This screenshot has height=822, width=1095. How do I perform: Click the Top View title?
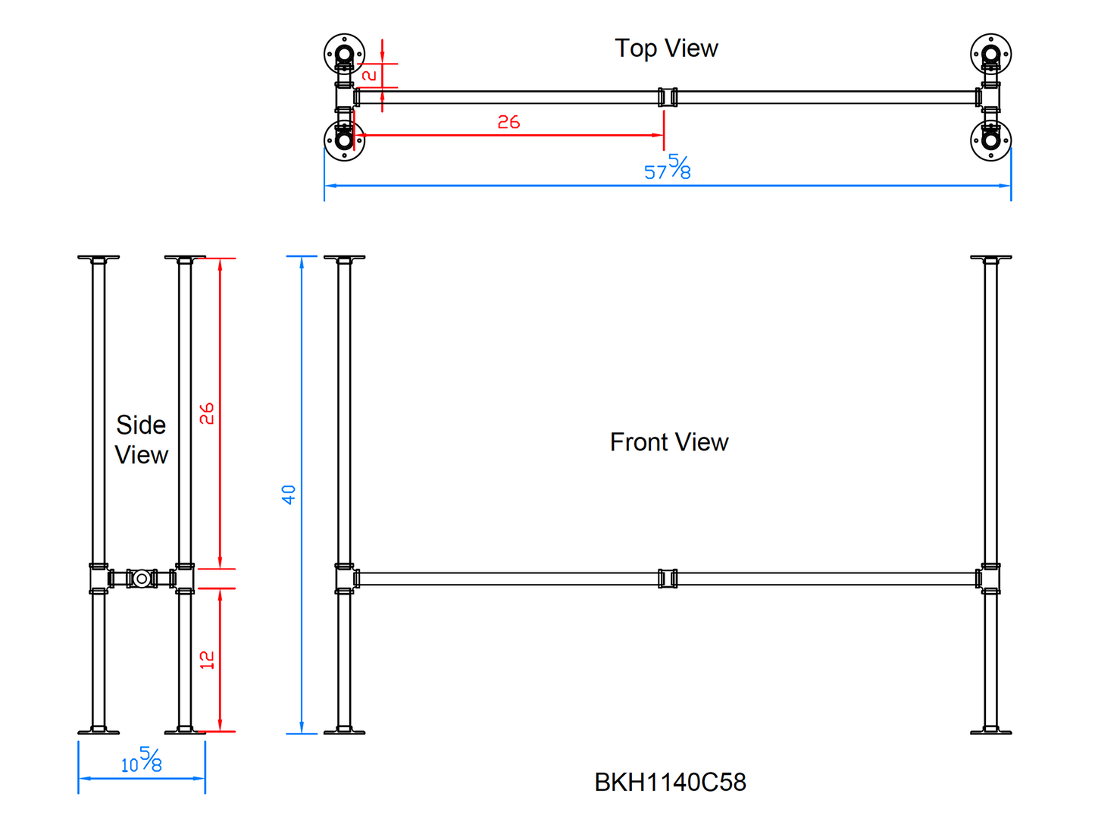coord(666,49)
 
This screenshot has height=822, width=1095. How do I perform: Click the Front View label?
coord(669,442)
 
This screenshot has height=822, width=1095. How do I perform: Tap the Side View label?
coord(141,440)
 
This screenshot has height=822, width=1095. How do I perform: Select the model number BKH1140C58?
coord(670,783)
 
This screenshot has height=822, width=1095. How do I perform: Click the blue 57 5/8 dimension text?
coord(667,168)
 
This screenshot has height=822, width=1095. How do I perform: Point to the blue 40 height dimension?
coord(289,494)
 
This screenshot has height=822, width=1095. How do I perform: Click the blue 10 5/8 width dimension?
coord(142,761)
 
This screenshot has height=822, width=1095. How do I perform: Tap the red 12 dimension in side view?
coord(207,660)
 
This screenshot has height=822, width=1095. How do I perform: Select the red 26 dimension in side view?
coord(207,413)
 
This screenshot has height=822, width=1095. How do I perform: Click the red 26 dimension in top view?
coord(508,122)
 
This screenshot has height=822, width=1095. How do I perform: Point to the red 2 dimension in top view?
coord(370,75)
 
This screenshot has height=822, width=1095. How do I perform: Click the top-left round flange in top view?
coord(344,54)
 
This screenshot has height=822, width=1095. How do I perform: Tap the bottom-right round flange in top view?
coord(990,140)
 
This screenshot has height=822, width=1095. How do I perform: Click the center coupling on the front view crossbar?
coord(668,579)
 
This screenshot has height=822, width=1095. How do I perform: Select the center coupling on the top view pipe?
coord(668,97)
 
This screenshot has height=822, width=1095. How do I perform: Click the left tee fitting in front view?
coord(345,579)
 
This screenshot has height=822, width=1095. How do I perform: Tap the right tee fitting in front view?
coord(990,579)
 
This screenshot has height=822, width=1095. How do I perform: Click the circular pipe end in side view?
coord(142,579)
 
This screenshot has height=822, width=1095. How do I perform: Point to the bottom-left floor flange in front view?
coord(344,731)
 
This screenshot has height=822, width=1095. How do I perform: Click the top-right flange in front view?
coord(990,259)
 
